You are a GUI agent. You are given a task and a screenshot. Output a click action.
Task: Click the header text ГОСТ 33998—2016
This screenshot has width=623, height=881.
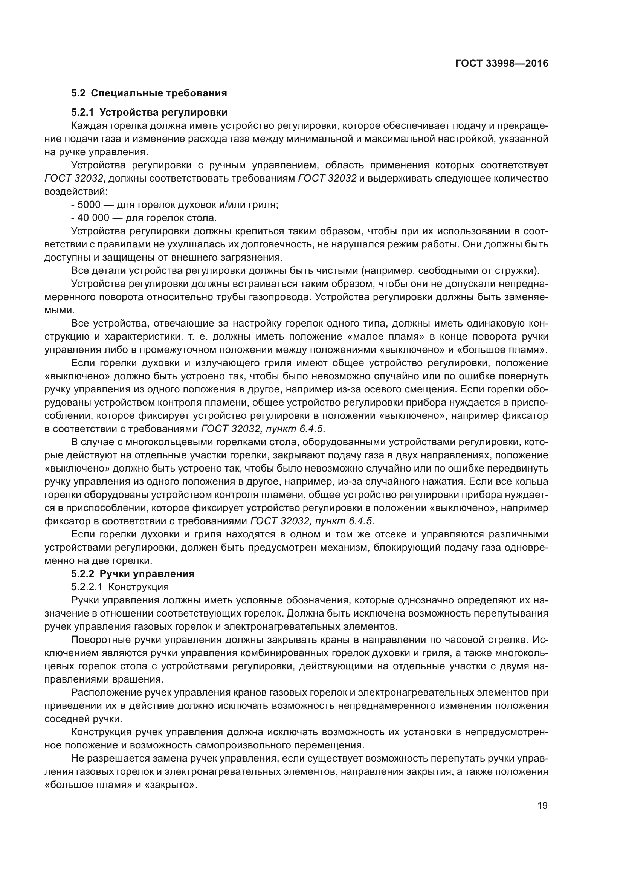(x=501, y=63)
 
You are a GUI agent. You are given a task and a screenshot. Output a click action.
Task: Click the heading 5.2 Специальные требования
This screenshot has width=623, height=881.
(x=149, y=93)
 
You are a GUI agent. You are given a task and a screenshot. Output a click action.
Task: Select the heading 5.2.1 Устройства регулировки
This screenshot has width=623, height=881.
(x=149, y=112)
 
